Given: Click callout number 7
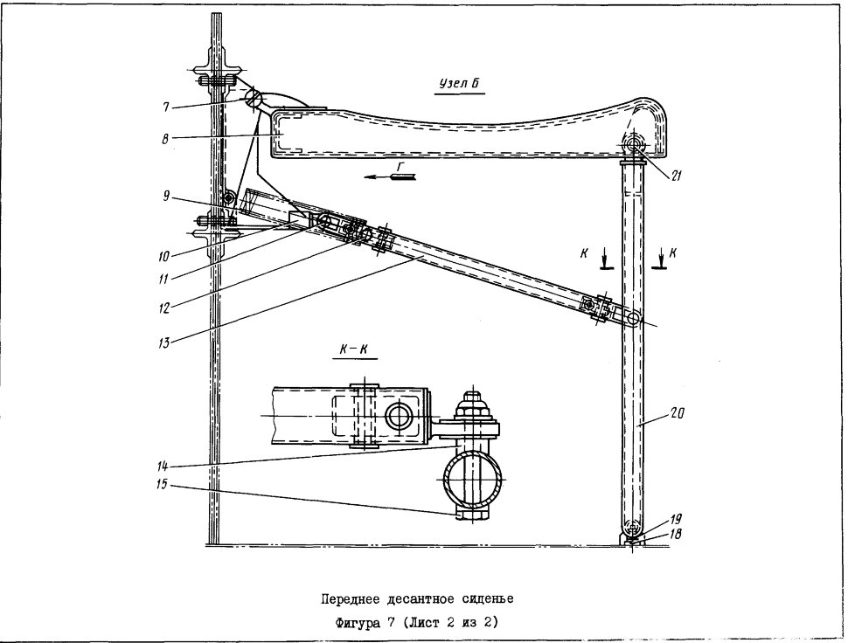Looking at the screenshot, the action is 165,108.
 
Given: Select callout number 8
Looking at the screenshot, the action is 165,139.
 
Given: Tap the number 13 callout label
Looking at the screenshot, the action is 163,342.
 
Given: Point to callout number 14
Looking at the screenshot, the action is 163,466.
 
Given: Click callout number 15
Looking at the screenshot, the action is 163,485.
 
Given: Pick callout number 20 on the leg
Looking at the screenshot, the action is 678,414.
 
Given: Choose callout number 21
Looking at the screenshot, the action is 676,176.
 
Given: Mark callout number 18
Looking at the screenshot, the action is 676,534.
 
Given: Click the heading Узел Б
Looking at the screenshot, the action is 459,84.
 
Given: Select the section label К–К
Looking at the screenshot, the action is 354,349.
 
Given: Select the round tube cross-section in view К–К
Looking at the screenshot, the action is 473,479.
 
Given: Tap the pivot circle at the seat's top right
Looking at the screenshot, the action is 633,144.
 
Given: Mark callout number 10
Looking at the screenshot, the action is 163,256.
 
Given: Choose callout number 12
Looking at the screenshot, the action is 163,308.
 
